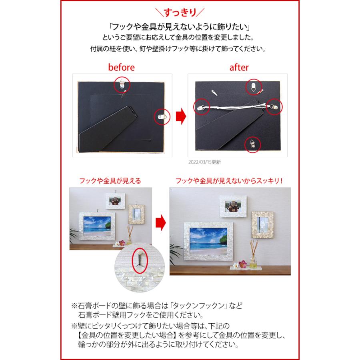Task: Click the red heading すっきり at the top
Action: [x=180, y=12]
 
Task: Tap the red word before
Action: [x=122, y=68]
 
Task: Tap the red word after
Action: [x=239, y=68]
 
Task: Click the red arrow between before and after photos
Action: [x=181, y=116]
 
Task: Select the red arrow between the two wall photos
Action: [x=161, y=223]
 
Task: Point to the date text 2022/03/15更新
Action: [x=204, y=162]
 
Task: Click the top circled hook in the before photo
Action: [x=122, y=84]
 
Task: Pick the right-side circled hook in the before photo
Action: [x=162, y=117]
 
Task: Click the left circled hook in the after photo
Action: [x=202, y=107]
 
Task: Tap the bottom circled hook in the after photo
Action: [x=252, y=144]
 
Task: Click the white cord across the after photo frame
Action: [x=236, y=106]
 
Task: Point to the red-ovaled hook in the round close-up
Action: [x=140, y=260]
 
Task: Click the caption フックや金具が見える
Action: [x=110, y=181]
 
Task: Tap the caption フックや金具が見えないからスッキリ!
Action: [x=229, y=181]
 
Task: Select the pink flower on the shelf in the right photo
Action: [x=243, y=264]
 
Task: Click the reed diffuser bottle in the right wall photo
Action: [x=253, y=261]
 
